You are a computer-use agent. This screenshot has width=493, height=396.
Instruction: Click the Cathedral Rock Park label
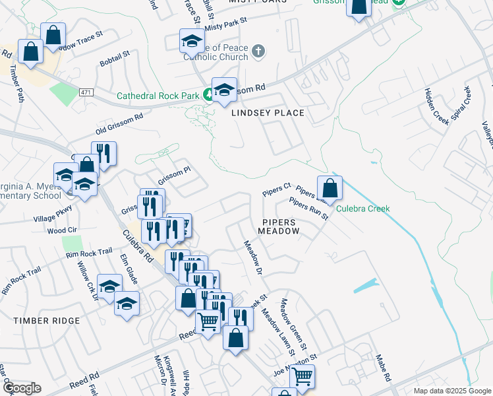point(158,96)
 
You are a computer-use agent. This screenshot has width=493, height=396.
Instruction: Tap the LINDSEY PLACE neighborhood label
point(268,113)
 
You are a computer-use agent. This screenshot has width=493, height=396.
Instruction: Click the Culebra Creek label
point(363,209)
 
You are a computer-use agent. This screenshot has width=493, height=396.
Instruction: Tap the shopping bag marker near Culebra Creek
point(330,189)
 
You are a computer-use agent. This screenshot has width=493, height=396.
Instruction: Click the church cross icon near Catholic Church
point(258,51)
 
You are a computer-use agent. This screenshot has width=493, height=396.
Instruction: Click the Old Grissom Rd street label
point(119,123)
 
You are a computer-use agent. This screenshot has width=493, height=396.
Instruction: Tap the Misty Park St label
point(225,24)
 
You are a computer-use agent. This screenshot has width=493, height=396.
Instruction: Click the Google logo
point(21,388)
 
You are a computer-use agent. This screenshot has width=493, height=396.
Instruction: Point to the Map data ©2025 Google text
point(451,391)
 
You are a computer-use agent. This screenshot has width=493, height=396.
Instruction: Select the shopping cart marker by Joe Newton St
point(302,378)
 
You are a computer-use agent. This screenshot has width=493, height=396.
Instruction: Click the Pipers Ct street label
point(276,190)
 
